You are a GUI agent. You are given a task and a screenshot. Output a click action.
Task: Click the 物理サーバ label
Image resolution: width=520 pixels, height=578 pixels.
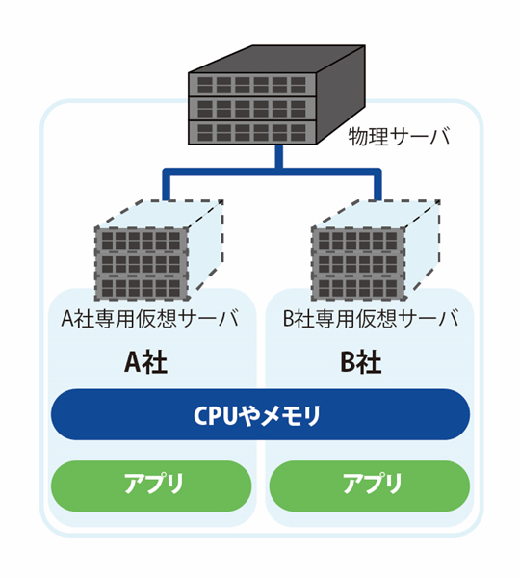coord(399,136)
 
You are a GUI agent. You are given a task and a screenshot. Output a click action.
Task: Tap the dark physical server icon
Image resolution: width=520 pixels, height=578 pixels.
coord(276,94)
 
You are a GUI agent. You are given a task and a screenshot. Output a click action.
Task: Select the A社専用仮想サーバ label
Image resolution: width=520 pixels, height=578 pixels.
coord(150,318)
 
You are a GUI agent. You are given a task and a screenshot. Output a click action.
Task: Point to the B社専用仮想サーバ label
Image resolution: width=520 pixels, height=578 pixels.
coord(371,318)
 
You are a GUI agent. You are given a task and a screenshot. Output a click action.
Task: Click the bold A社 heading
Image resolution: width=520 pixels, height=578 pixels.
coord(146,362)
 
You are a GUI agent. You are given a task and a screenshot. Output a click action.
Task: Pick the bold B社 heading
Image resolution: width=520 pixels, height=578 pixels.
coord(361,362)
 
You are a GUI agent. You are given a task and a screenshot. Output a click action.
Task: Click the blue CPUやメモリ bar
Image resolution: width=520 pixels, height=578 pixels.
coord(260,414)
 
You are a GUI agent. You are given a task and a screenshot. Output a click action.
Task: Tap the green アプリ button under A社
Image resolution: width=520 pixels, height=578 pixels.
coord(151,486)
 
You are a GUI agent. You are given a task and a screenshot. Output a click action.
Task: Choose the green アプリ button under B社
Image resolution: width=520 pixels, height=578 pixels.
coord(370,486)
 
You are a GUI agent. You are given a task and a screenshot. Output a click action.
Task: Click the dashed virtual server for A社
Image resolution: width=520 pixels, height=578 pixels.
coord(159,250)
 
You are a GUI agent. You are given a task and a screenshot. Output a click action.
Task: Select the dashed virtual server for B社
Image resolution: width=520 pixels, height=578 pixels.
coord(376,250)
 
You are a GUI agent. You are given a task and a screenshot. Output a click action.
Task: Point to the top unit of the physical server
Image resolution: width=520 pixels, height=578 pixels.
coord(252,85)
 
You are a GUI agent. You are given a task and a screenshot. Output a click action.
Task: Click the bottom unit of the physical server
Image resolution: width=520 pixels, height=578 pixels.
coord(252,132)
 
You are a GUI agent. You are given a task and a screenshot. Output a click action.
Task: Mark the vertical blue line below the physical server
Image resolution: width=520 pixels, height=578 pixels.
coord(279,157)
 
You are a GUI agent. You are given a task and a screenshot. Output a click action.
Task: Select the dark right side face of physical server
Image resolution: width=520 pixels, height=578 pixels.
coord(341,94)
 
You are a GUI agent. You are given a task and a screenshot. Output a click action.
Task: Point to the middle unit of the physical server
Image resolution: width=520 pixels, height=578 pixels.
coord(252,109)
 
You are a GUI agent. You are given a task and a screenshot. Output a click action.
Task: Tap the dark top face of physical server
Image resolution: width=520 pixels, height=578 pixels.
coord(276,59)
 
